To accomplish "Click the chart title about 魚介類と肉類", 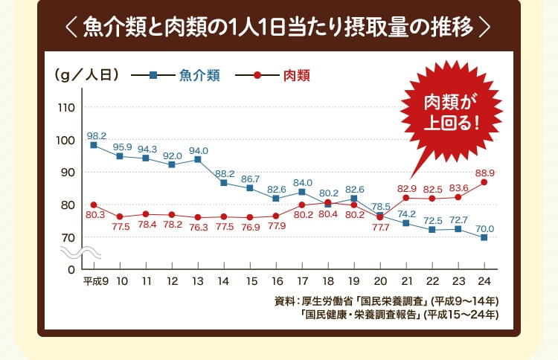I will tap(279, 28).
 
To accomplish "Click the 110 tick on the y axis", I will tap(65, 108).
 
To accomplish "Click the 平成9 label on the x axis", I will tap(95, 281).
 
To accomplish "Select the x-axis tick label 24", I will tap(484, 281).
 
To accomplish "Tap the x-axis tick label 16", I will tap(276, 281).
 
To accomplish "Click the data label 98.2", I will tap(97, 136).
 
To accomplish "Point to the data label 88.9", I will tap(484, 173).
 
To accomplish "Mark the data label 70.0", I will tap(485, 228).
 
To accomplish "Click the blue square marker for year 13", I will tap(198, 159).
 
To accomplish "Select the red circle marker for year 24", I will tap(484, 182).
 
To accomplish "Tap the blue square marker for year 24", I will tap(484, 237).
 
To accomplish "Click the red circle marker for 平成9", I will tap(94, 205).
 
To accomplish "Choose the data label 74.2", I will tap(407, 213).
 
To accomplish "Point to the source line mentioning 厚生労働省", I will tap(386, 301).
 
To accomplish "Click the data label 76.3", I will tap(198, 226).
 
